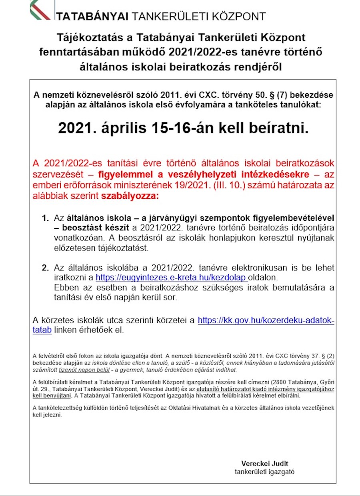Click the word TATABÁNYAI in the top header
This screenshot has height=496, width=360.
pos(92,17)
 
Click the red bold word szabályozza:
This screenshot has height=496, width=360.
pos(136,196)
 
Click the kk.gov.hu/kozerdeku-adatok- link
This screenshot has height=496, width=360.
pos(266,320)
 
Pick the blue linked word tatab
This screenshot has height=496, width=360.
pos(42,330)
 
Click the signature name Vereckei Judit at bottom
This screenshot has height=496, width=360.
pos(264,464)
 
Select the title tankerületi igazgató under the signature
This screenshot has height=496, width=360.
pos(264,472)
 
